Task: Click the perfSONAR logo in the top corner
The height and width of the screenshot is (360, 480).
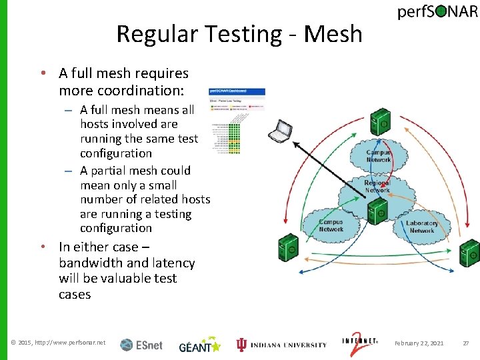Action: pos(437,13)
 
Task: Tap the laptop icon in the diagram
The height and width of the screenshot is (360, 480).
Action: pos(281,131)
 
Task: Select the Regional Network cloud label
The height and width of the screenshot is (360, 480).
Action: pos(377,187)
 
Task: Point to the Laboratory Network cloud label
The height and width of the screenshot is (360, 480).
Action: pos(422,227)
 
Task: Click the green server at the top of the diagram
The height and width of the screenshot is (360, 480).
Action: pos(381,123)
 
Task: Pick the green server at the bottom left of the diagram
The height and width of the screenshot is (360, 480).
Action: pos(287,248)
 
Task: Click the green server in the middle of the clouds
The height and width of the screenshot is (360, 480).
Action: pos(376,211)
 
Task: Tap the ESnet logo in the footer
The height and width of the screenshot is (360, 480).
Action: pos(141,345)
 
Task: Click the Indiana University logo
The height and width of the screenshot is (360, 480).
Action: pos(281,345)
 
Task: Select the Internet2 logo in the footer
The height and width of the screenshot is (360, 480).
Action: pos(360,343)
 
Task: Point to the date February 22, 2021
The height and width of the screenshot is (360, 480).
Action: pos(419,343)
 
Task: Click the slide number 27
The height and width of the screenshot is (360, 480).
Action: pos(467,343)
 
